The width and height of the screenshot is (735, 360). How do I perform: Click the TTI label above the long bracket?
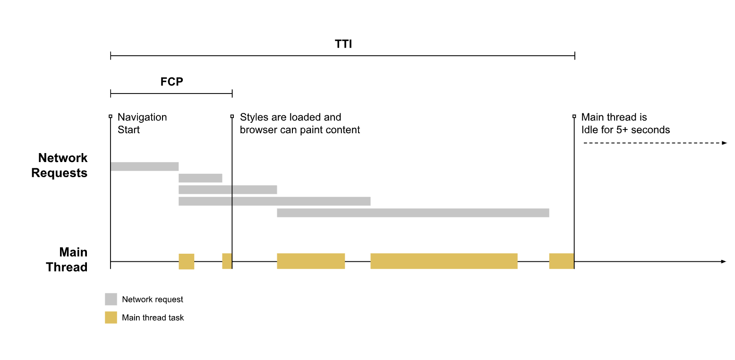click(x=343, y=44)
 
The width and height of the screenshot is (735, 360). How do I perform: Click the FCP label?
click(x=171, y=82)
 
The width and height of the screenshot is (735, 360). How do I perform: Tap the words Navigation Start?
click(x=142, y=123)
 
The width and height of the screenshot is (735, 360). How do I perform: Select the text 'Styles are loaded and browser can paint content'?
click(x=299, y=123)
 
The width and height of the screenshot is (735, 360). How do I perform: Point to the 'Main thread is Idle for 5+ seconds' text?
click(x=625, y=123)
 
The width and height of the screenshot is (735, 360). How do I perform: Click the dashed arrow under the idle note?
click(x=655, y=143)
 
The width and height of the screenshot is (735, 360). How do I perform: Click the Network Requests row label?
click(x=60, y=165)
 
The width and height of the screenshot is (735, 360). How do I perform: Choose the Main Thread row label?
click(x=67, y=260)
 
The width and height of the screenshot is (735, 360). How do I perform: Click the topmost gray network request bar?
click(x=144, y=166)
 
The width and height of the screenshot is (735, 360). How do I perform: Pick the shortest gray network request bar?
click(x=200, y=178)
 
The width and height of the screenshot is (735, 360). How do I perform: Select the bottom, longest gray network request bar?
click(x=413, y=213)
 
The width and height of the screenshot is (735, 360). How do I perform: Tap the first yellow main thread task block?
click(x=186, y=261)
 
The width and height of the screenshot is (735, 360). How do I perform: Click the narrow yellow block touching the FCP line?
click(x=227, y=261)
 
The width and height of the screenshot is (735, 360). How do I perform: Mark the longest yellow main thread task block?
click(x=444, y=261)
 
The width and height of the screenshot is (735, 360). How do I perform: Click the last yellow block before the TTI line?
click(x=561, y=261)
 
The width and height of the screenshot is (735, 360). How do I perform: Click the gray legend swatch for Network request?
click(x=111, y=299)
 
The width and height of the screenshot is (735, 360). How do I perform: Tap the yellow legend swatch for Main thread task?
click(x=111, y=317)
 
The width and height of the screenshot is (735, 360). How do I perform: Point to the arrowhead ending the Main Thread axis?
click(x=723, y=261)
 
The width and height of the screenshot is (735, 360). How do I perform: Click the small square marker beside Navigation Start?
click(x=111, y=116)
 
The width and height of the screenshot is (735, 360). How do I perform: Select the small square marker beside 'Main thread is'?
click(x=574, y=116)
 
